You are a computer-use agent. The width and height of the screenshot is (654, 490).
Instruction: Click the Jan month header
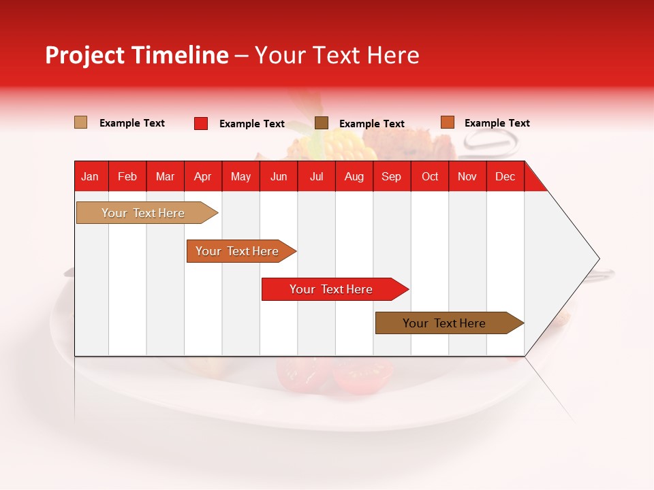pyautogui.click(x=90, y=177)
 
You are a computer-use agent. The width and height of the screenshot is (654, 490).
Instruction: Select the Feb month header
pyautogui.click(x=127, y=177)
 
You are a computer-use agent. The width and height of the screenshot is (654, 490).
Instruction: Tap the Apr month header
pyautogui.click(x=203, y=177)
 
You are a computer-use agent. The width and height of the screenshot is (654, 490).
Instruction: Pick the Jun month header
pyautogui.click(x=279, y=177)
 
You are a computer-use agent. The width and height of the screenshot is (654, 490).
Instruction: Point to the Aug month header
pyautogui.click(x=354, y=177)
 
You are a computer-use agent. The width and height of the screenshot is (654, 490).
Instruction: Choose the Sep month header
pyautogui.click(x=391, y=177)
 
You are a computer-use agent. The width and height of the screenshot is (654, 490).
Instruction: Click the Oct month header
pyautogui.click(x=430, y=177)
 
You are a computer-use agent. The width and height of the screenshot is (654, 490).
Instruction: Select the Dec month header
pyautogui.click(x=505, y=177)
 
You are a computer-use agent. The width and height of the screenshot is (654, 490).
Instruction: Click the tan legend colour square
pyautogui.click(x=81, y=122)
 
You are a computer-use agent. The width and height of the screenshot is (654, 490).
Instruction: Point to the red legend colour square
pyautogui.click(x=201, y=123)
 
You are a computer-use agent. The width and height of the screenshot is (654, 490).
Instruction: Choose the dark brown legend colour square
pyautogui.click(x=322, y=123)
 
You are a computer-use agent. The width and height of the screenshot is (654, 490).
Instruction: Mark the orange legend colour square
pyautogui.click(x=447, y=122)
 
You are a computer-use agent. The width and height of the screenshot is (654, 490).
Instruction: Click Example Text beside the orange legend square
pyautogui.click(x=497, y=123)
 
